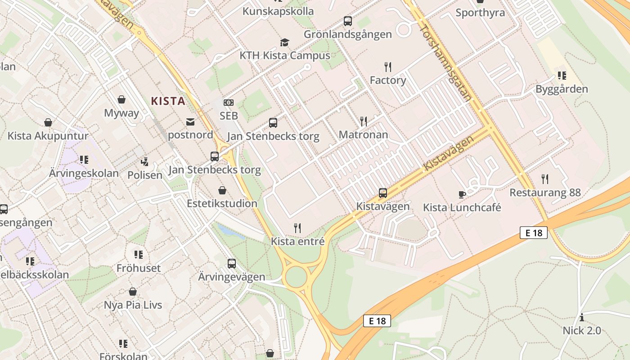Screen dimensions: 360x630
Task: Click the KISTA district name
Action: (x=168, y=101)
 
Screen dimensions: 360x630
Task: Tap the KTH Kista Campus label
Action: (x=285, y=56)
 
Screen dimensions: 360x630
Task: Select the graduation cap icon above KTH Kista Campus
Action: (x=284, y=43)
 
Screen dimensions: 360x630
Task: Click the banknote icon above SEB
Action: (x=229, y=103)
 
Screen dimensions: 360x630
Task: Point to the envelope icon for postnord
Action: (x=190, y=122)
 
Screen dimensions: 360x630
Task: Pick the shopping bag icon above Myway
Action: (x=121, y=99)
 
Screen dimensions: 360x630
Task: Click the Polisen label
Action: (x=145, y=175)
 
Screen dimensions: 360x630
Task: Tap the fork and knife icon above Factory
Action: (x=388, y=67)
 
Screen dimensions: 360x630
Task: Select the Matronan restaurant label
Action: (x=363, y=135)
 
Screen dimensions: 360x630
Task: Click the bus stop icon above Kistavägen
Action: (x=383, y=193)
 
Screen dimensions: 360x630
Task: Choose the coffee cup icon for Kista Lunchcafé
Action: (x=462, y=194)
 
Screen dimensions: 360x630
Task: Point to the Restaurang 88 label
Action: (x=545, y=193)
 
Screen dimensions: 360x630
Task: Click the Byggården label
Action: (x=562, y=89)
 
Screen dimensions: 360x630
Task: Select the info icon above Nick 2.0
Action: (x=582, y=317)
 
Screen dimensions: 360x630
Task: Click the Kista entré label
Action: (x=297, y=241)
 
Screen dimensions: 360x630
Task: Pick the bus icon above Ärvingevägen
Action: (x=232, y=264)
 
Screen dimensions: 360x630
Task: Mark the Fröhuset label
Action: (x=139, y=268)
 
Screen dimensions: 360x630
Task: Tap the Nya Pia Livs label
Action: (x=133, y=305)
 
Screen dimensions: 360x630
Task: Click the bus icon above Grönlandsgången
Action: (x=348, y=21)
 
